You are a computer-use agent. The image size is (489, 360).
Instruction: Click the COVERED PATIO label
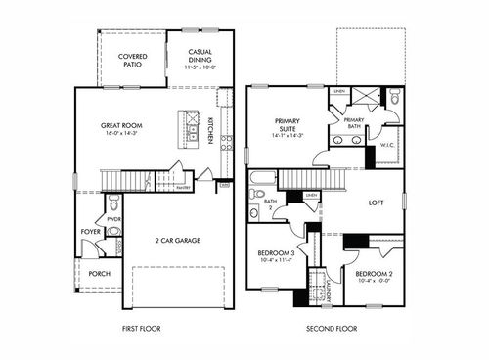[133, 60]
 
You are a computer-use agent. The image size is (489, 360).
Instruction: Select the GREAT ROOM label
[121, 125]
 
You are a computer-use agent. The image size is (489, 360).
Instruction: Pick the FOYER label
[91, 232]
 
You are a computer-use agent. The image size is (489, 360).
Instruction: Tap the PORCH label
[100, 274]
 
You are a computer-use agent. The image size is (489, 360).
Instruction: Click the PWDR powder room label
[113, 219]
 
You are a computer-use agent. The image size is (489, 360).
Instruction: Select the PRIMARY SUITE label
[290, 121]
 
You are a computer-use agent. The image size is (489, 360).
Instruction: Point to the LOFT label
[376, 203]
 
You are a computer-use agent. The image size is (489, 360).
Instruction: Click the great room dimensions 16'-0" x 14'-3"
[121, 135]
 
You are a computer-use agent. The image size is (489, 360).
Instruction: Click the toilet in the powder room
[113, 204]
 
